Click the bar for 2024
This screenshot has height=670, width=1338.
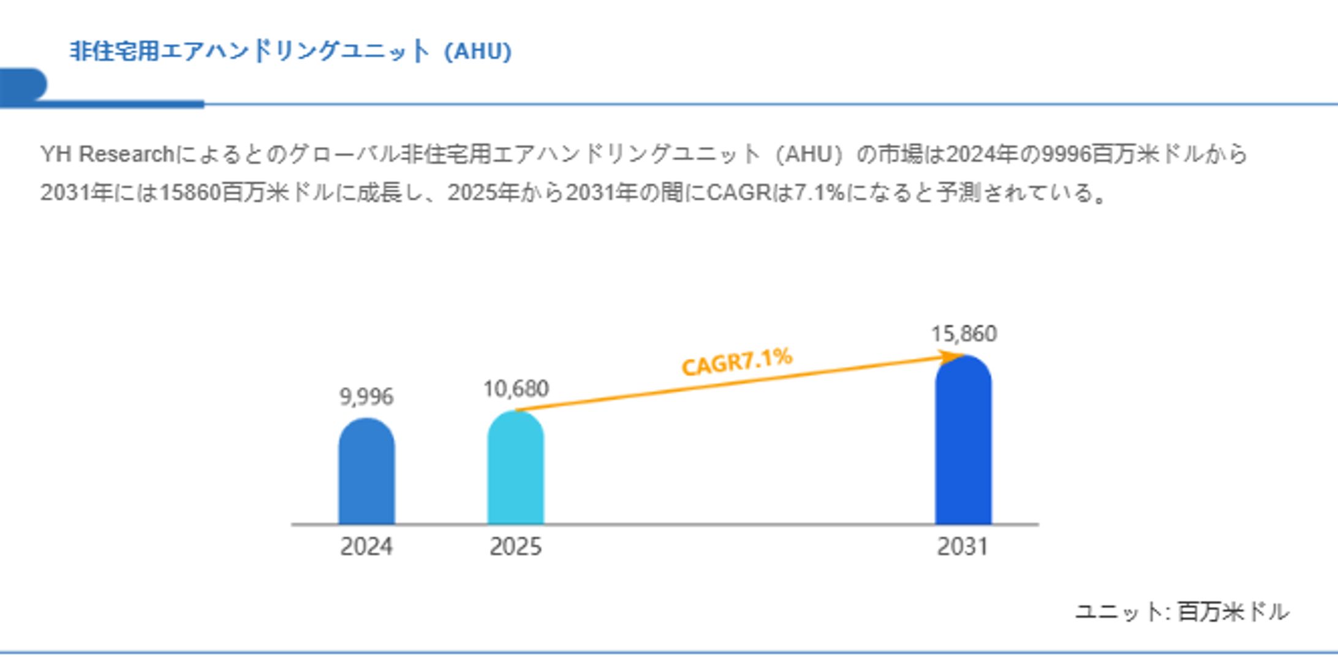(366, 472)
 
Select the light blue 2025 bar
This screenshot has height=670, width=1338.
(515, 468)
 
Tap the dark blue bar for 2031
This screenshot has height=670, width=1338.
(963, 441)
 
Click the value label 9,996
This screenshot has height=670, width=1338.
(366, 397)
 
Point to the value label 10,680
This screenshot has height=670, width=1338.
(516, 389)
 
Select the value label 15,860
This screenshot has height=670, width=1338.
(964, 334)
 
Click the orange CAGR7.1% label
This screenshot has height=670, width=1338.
(737, 361)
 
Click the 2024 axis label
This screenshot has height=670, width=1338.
(366, 546)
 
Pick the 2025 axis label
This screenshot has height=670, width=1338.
(515, 546)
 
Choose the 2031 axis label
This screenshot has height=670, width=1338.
(962, 546)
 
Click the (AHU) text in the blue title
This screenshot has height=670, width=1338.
(478, 51)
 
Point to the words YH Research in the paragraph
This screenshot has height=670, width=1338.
(107, 154)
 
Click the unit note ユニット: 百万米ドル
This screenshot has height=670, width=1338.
(1182, 612)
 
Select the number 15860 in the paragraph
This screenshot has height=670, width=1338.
(190, 193)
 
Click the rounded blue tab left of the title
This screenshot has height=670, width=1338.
(22, 84)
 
